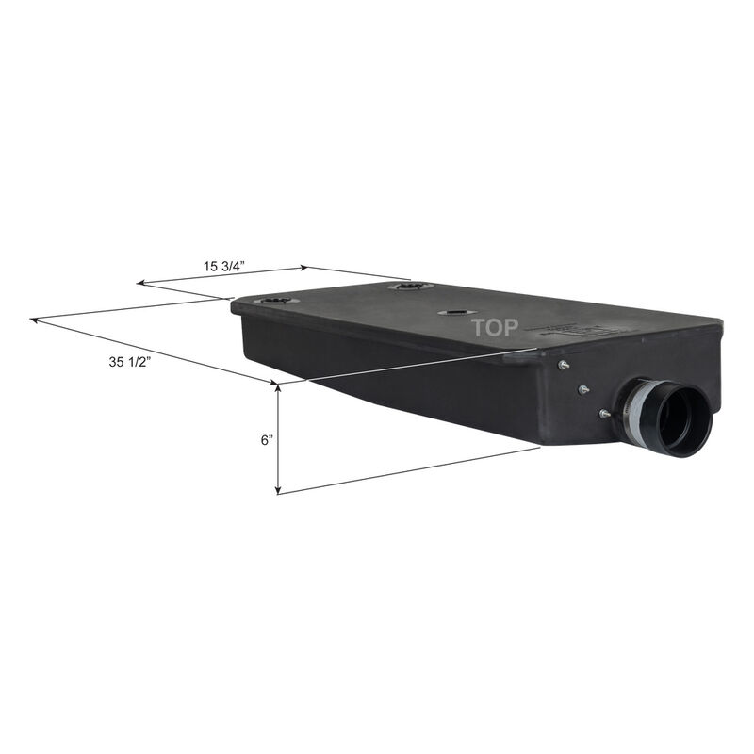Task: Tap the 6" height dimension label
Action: pos(268,440)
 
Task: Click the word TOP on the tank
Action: pos(495,328)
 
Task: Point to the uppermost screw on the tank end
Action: pos(563,365)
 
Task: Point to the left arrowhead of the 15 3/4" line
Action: pos(140,282)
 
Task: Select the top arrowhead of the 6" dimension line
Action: pos(278,386)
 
